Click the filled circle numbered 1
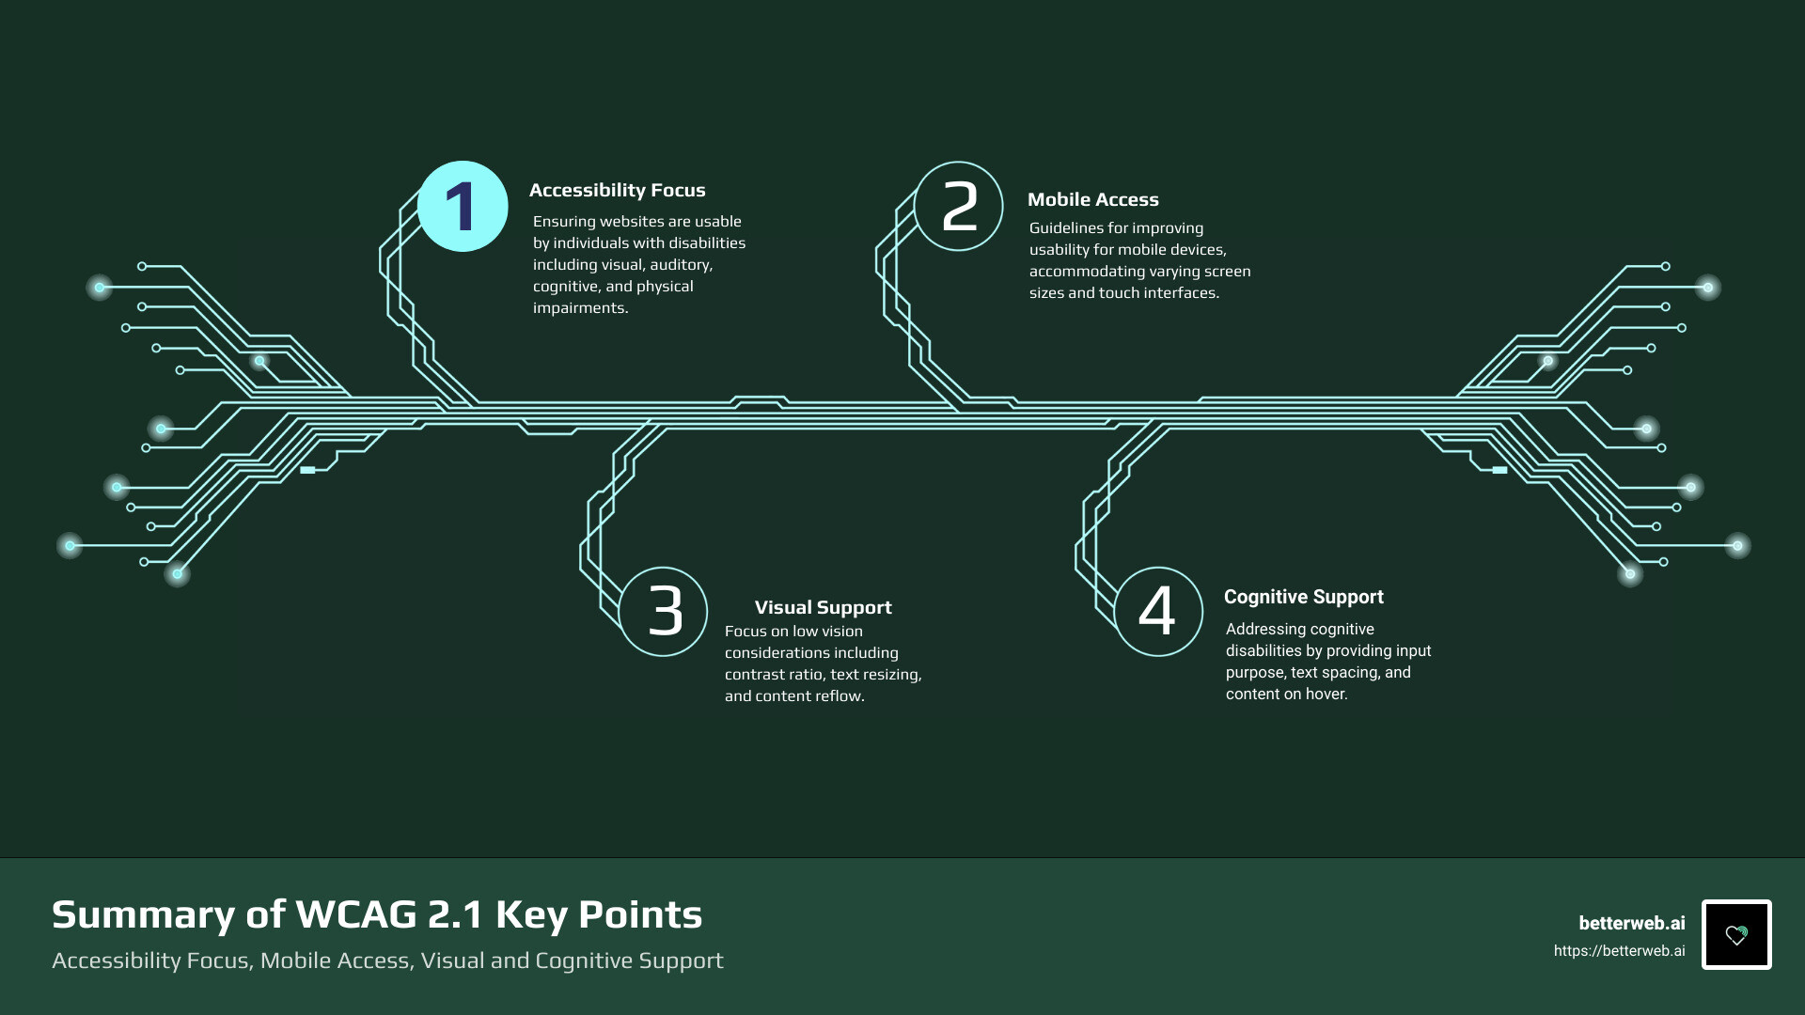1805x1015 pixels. point(463,207)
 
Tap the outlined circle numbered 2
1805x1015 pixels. point(959,207)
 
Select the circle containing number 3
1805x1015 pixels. point(664,611)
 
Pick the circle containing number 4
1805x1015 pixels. point(1158,611)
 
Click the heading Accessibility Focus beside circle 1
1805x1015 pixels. point(617,190)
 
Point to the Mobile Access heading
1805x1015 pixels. point(1092,199)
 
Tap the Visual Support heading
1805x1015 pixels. point(823,607)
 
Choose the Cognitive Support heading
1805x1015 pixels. point(1303,597)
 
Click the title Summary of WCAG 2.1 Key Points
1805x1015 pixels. point(377,914)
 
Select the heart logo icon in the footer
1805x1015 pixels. point(1735,934)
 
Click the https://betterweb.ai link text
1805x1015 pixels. point(1619,951)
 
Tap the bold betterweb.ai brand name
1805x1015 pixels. point(1631,923)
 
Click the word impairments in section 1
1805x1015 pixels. point(579,308)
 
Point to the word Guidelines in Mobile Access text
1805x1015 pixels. point(1069,228)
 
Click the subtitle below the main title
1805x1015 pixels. point(387,960)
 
